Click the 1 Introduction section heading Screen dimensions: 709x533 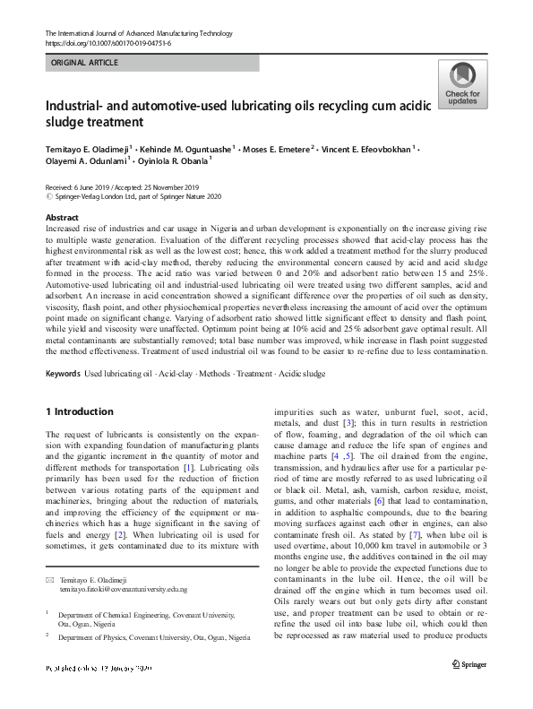(79, 411)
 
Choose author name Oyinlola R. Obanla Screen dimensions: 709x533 (173, 162)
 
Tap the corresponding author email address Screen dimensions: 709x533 (124, 564)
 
